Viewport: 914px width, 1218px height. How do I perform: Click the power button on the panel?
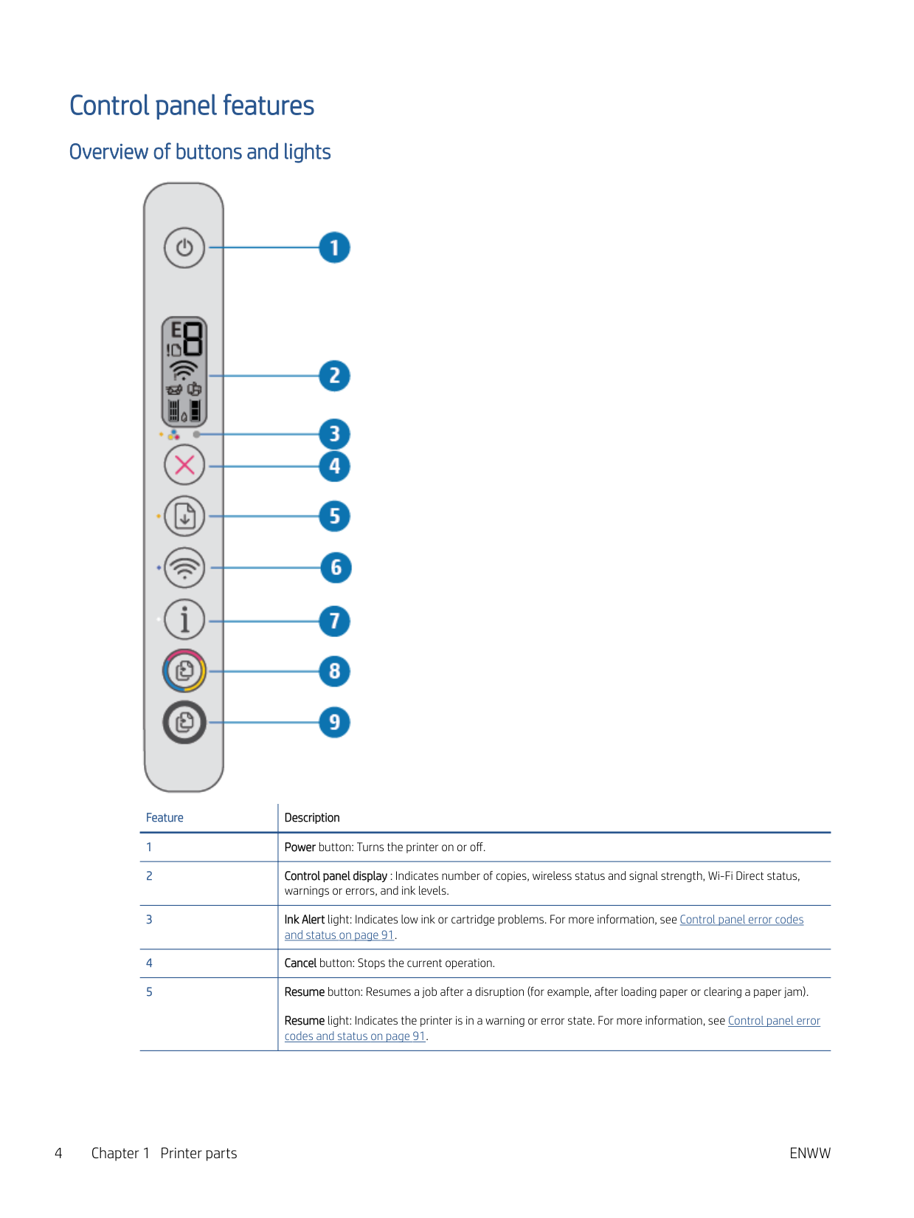(x=184, y=248)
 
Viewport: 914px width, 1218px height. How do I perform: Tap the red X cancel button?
(x=184, y=465)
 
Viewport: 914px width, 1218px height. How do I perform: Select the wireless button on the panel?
(x=184, y=568)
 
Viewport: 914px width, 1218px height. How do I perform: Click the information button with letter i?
(x=184, y=620)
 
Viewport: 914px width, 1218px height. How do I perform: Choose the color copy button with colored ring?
(x=184, y=670)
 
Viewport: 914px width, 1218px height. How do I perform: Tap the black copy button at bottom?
(x=184, y=721)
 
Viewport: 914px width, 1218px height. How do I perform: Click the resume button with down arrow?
(x=184, y=516)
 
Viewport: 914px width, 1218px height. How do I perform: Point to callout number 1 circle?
(x=334, y=248)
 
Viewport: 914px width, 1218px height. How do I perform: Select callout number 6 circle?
(x=336, y=568)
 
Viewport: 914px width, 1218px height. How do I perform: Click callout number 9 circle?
(x=334, y=722)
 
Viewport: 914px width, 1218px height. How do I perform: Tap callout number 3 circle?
(x=334, y=434)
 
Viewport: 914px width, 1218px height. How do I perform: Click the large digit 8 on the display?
(x=193, y=338)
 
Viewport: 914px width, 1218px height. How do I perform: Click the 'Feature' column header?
(x=165, y=818)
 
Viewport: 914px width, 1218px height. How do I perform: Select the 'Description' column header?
(x=312, y=818)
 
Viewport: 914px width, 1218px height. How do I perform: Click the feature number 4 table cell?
(x=149, y=963)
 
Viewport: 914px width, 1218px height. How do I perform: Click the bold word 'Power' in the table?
(x=300, y=847)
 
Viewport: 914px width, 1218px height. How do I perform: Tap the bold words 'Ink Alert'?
(x=304, y=920)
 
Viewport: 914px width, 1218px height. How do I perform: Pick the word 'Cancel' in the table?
(x=300, y=963)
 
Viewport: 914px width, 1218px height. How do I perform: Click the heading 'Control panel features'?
(x=192, y=106)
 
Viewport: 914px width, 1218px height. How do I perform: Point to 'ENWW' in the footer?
(x=809, y=1153)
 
